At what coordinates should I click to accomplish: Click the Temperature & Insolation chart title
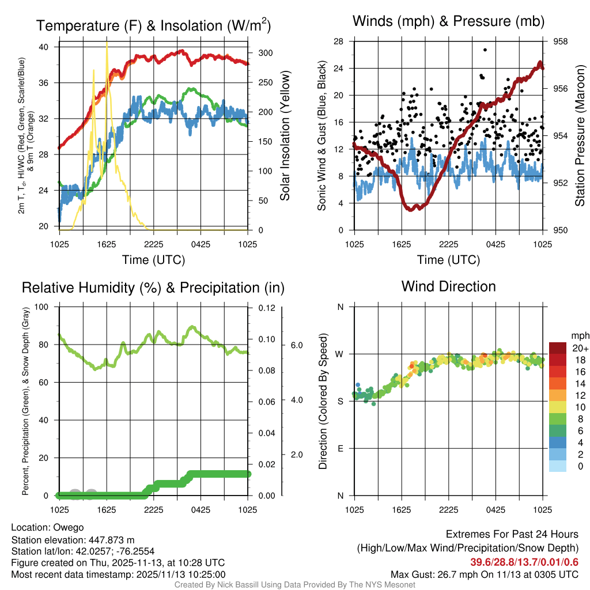153,26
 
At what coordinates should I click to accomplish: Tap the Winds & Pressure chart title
449,22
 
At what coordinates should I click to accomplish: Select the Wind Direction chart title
448,286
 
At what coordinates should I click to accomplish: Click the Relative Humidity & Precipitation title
153,288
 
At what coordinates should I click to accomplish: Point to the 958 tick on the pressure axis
561,41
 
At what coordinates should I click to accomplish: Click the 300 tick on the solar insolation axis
265,53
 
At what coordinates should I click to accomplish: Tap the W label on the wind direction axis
340,354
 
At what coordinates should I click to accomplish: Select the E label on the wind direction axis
340,448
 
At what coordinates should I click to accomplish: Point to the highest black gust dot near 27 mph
485,50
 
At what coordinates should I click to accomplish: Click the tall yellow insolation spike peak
107,44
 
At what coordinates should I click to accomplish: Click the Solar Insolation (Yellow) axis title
285,136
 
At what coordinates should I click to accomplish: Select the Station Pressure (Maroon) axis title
580,136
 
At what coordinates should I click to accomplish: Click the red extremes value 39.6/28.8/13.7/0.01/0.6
524,562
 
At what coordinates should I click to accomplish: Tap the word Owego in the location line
69,527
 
